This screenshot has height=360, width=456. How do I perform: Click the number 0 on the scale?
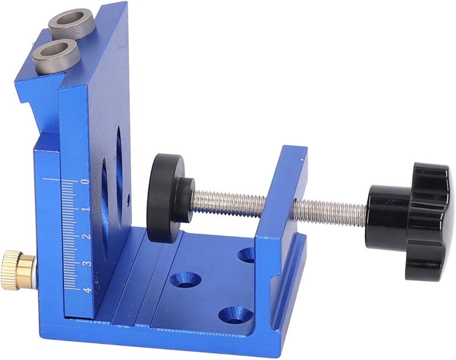(x=85, y=181)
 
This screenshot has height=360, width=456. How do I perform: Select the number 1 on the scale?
(x=85, y=209)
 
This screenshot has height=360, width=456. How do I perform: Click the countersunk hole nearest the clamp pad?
(x=186, y=279)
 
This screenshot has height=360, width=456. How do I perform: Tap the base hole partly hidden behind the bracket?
(x=247, y=254)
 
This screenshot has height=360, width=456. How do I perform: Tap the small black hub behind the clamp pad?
(x=184, y=199)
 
